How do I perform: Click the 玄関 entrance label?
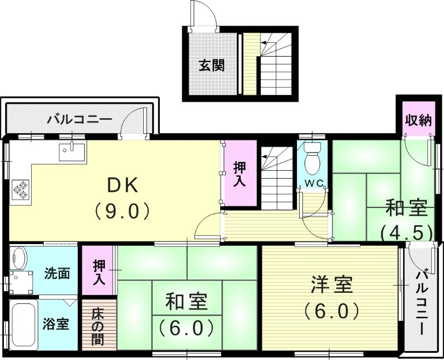[212, 65]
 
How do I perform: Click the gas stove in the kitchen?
[21, 189]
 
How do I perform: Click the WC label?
[314, 182]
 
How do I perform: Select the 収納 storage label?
[418, 120]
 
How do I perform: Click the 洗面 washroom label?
[57, 273]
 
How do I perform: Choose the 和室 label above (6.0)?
[186, 302]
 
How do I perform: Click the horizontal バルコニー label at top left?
[79, 119]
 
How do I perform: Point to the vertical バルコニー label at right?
[423, 302]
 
